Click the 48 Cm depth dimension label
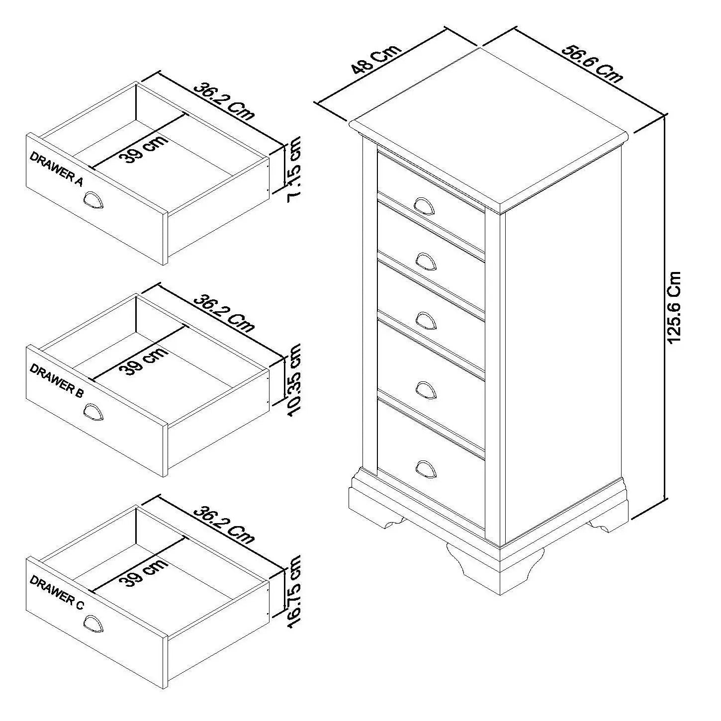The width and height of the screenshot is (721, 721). point(375,60)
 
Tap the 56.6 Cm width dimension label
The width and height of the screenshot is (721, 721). point(592,64)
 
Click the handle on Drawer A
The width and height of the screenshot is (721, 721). point(93,201)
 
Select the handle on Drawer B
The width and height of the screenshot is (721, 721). point(93,412)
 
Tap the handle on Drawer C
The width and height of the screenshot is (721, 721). point(93,624)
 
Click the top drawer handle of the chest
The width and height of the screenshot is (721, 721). point(425,205)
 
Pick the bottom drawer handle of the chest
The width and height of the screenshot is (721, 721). point(425,469)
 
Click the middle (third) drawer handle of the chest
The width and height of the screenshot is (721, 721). point(425,320)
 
